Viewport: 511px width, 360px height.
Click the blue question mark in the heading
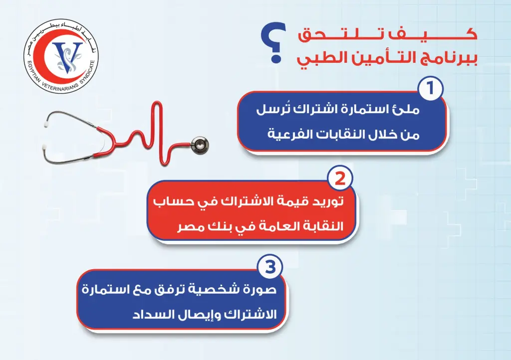[273, 42]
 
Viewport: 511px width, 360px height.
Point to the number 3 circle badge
[270, 268]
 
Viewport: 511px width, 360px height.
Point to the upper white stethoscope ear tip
[47, 124]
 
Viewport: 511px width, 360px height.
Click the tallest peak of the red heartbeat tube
[157, 104]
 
